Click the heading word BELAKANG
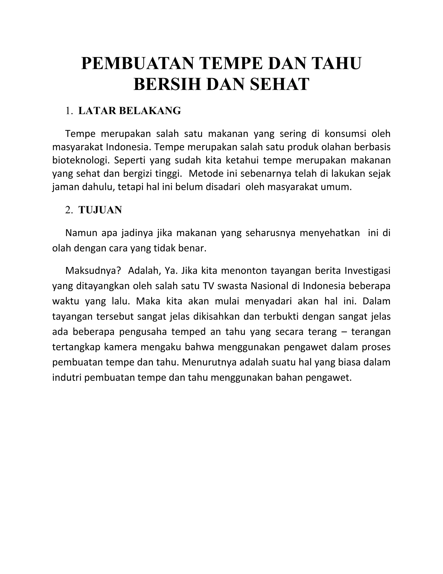150,111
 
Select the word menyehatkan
330,233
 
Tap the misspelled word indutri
67,378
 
